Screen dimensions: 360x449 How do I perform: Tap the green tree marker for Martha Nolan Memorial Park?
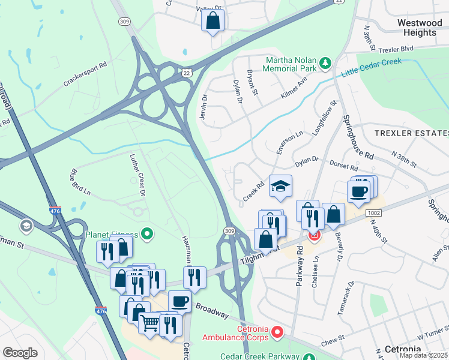coord(325,62)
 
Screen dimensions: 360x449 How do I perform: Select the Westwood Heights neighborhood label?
coord(417,27)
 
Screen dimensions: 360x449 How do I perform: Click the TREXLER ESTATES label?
coord(411,133)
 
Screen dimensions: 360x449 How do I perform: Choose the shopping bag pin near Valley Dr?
coord(213,20)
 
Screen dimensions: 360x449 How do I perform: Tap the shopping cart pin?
coord(149,323)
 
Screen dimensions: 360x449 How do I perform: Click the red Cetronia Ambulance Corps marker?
coord(277,331)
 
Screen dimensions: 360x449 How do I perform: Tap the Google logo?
coord(20,352)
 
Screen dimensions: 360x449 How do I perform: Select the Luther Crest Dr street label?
coord(138,175)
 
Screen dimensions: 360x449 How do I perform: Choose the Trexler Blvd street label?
coord(399,48)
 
